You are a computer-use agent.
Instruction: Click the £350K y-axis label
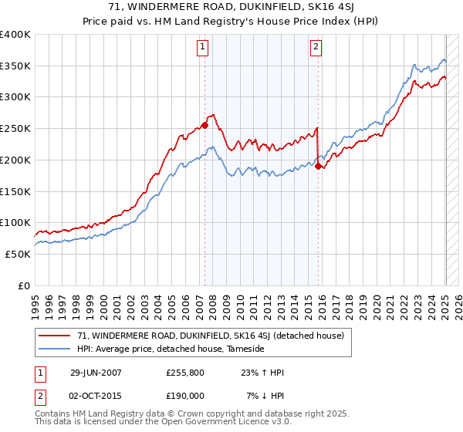[x=15, y=66]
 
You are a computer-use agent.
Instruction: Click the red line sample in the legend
[x=56, y=335]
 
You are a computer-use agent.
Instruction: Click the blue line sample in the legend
[x=56, y=349]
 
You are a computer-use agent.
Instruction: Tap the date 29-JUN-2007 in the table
[x=96, y=373]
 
